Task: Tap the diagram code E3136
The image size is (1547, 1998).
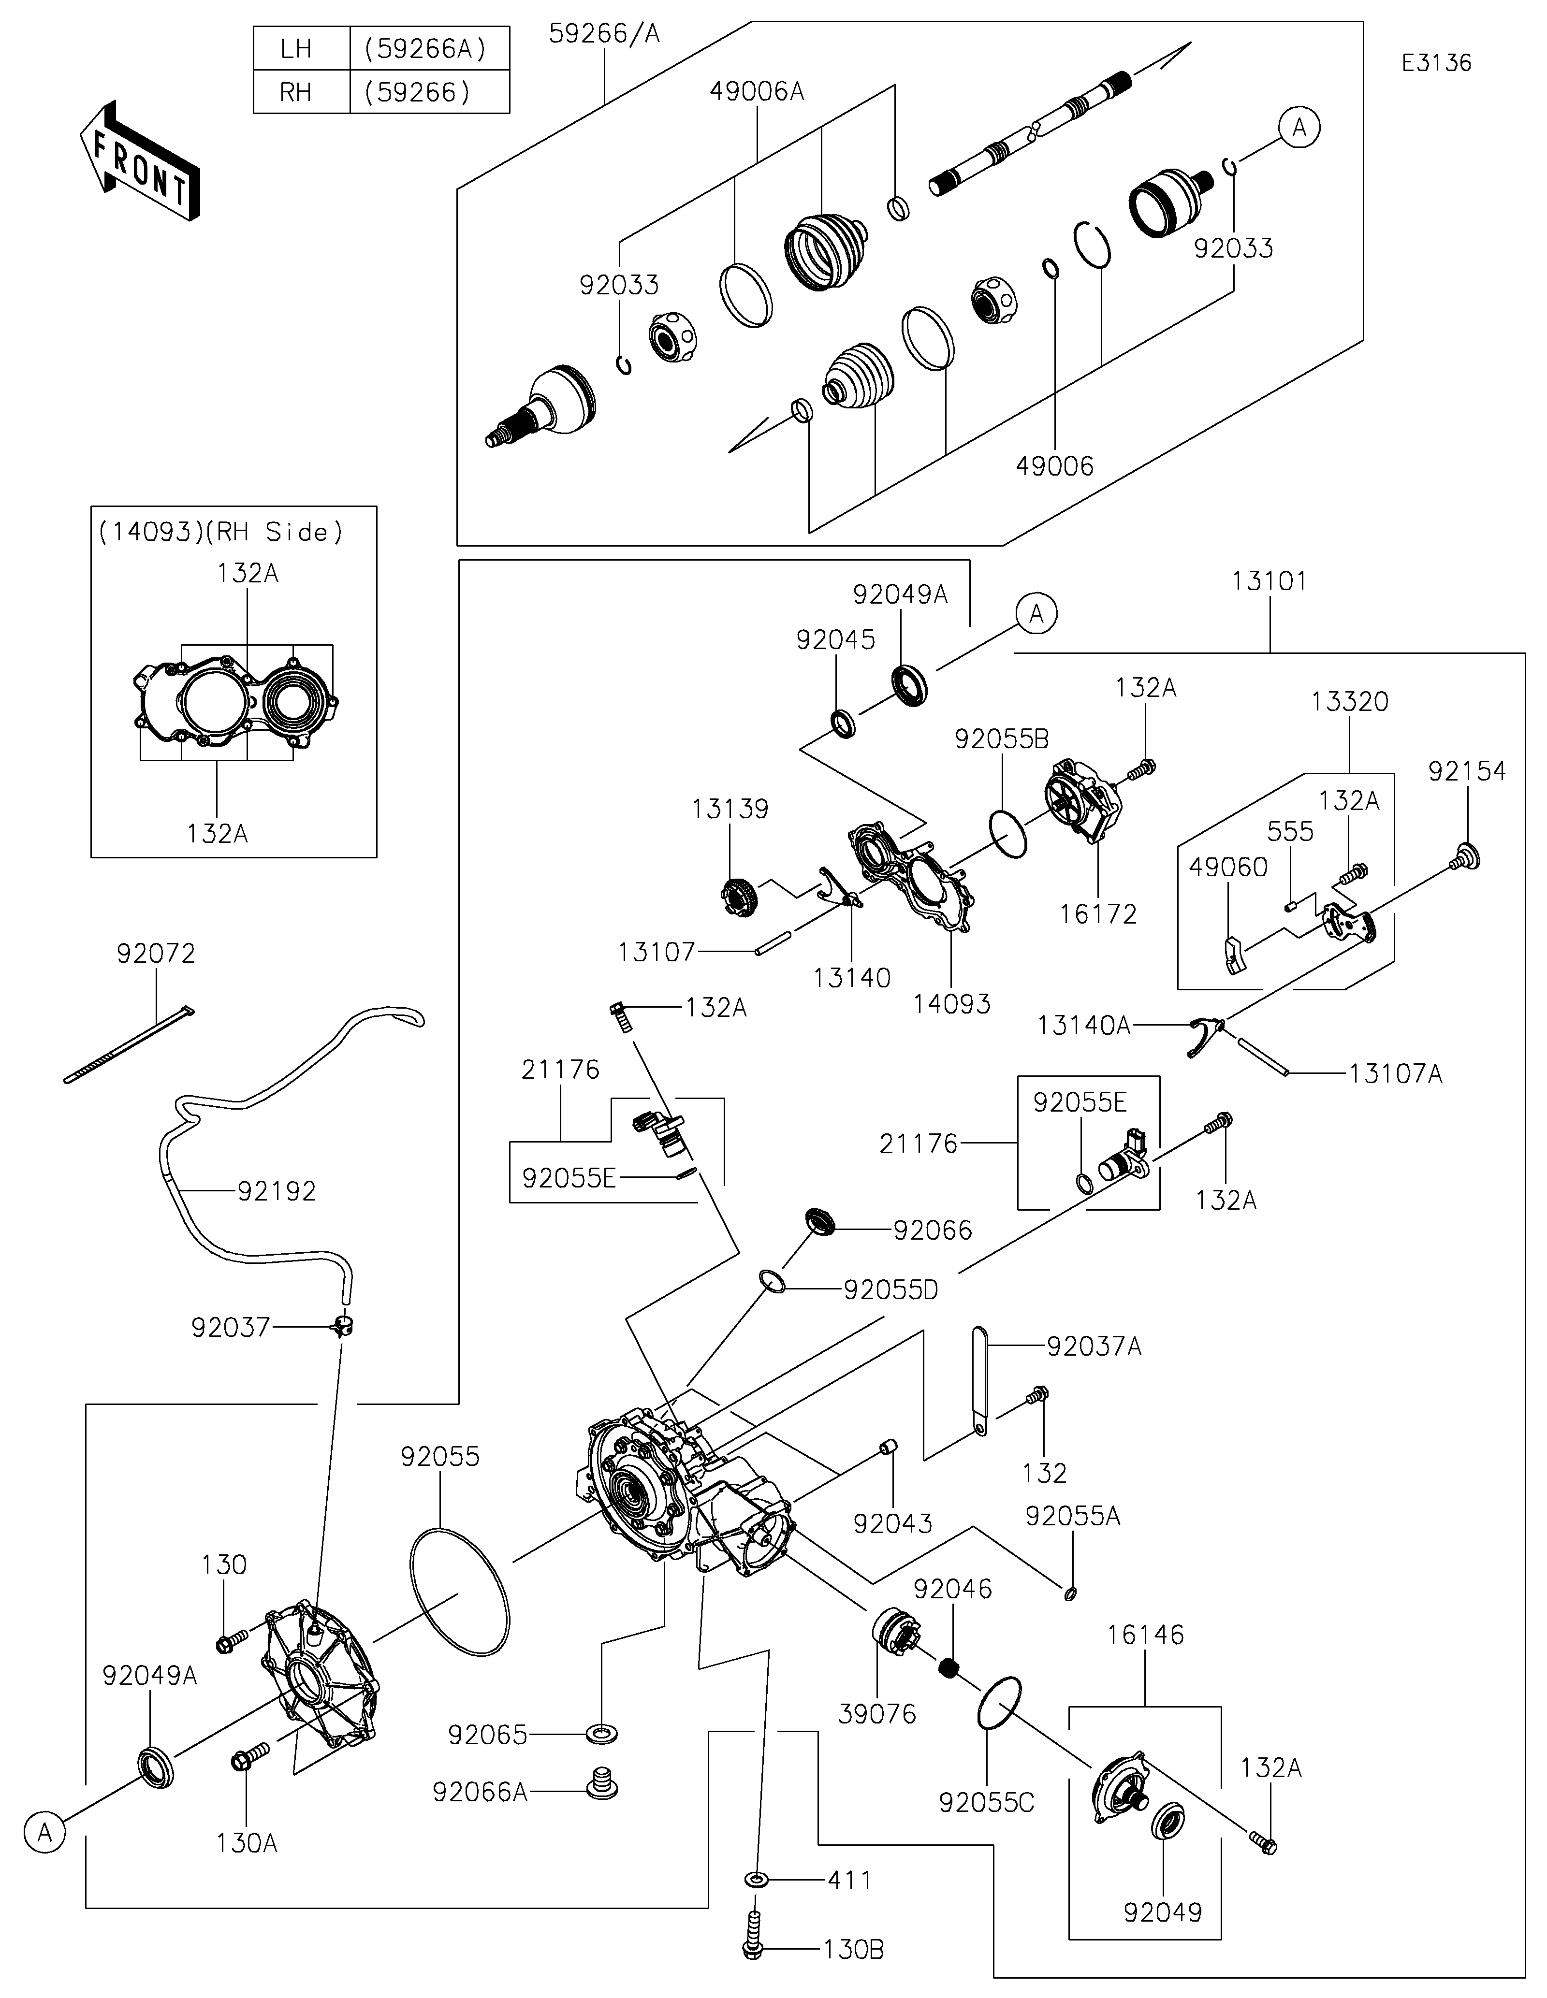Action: [x=1436, y=63]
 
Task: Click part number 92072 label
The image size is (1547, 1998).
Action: [x=157, y=954]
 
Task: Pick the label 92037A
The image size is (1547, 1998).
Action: [x=1094, y=1346]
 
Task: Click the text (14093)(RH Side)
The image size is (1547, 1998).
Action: [x=220, y=532]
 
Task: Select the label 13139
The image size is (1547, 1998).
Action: [x=729, y=809]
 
